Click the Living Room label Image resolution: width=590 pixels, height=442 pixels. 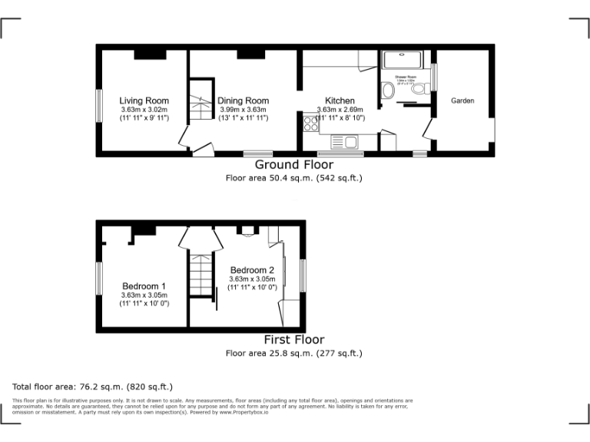click(x=144, y=101)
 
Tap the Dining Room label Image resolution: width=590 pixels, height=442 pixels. click(x=243, y=101)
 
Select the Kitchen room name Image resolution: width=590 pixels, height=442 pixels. click(x=340, y=101)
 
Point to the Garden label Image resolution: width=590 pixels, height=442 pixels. click(x=462, y=101)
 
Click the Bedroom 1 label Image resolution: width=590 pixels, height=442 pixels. click(x=144, y=286)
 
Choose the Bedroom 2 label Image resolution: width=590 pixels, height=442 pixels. click(x=252, y=270)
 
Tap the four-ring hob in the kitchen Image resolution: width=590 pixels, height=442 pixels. click(x=311, y=124)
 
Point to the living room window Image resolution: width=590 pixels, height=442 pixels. click(x=98, y=105)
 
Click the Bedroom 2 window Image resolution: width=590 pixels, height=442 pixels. click(x=303, y=275)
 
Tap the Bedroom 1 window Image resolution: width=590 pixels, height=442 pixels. click(x=98, y=278)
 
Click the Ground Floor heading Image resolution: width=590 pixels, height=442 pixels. click(x=294, y=164)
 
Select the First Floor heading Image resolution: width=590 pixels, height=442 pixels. click(x=294, y=339)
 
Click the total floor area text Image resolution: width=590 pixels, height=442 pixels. click(x=93, y=387)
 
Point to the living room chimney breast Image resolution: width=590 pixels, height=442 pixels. click(x=149, y=54)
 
